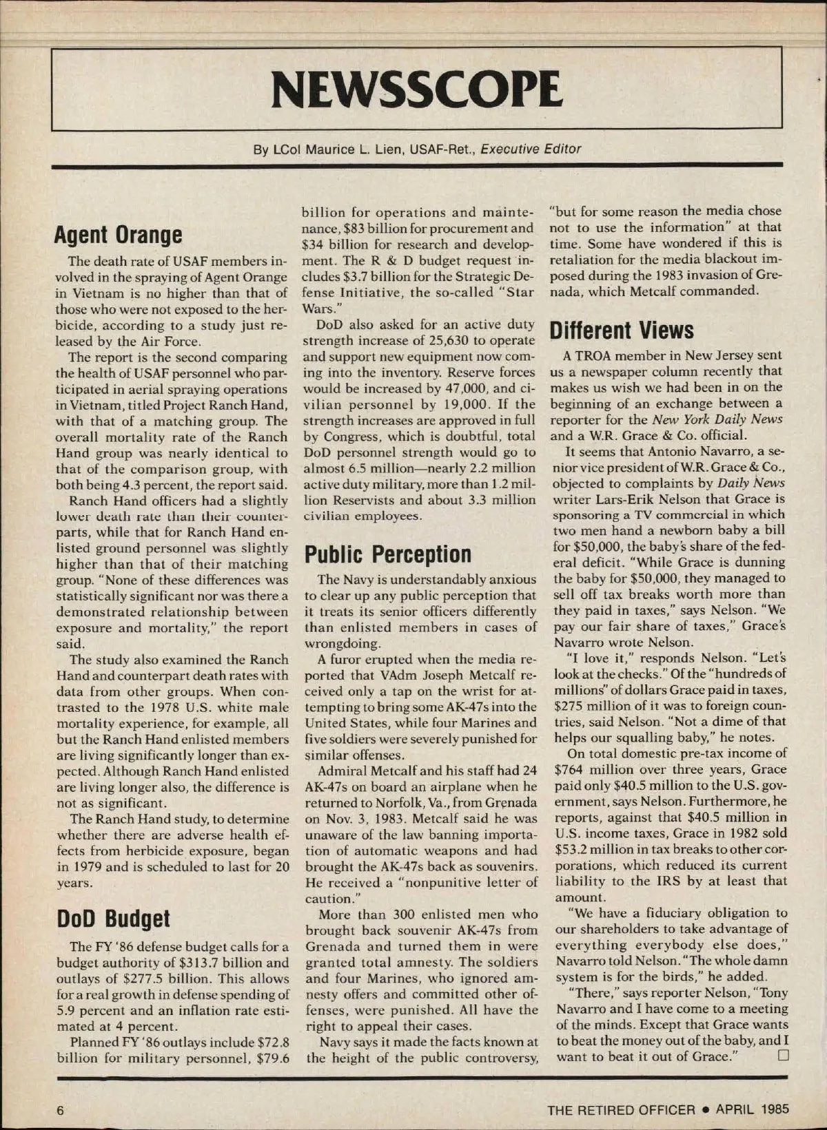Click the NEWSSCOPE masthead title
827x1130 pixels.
(417, 90)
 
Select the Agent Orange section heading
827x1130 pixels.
(119, 235)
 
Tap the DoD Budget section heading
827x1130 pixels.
(113, 918)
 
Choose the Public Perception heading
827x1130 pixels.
(388, 554)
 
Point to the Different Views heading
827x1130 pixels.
(621, 331)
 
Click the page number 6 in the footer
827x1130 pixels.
(61, 1109)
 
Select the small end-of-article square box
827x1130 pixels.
(782, 1056)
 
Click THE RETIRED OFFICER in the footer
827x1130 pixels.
(621, 1109)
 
